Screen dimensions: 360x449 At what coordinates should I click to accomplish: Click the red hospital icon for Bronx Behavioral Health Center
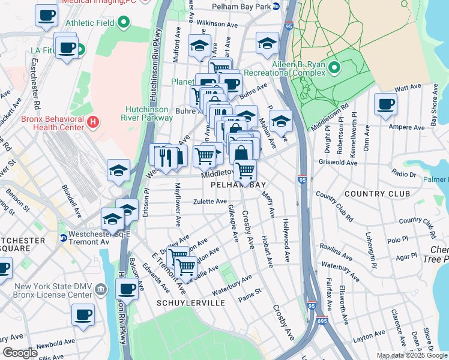92,123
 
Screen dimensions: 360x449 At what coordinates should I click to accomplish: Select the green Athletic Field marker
124,23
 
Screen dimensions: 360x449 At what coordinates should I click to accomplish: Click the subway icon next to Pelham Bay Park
276,7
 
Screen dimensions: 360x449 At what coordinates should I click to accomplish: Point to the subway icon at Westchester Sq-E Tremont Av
63,238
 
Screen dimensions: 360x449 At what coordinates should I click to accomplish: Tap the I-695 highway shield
322,321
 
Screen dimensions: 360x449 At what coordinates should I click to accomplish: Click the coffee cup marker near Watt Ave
385,104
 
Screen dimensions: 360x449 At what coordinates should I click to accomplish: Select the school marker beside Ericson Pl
119,170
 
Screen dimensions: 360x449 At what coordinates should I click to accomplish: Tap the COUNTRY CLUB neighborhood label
378,194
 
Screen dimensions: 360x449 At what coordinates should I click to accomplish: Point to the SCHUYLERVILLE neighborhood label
191,303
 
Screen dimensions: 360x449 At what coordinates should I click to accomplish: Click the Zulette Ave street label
209,202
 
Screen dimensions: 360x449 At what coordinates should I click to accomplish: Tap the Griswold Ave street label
339,162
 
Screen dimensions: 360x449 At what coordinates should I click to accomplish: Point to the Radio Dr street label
403,173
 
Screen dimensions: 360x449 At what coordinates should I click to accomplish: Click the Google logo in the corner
20,352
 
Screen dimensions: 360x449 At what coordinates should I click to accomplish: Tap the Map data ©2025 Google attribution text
412,355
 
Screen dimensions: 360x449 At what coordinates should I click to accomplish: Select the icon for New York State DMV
102,290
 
